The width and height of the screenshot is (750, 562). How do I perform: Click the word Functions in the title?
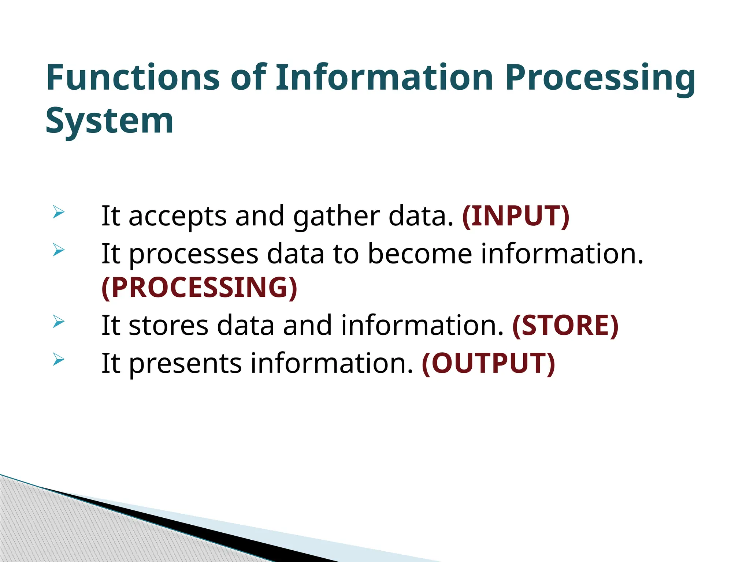[x=133, y=78]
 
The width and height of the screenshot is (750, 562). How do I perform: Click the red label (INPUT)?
[x=516, y=216]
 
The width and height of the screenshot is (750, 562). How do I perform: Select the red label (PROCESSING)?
[x=199, y=288]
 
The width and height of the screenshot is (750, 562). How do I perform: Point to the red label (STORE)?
[x=565, y=325]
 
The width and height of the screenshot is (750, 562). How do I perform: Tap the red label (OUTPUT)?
[x=488, y=363]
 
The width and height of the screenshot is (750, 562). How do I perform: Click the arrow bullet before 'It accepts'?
[x=59, y=212]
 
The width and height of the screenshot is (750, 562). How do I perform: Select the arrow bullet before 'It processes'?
[x=59, y=250]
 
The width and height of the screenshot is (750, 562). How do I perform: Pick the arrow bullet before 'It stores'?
[x=59, y=322]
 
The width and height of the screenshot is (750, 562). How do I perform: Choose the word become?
[x=420, y=254]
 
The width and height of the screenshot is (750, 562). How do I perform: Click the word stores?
[x=168, y=325]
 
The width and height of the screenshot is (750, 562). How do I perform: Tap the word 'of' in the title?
[x=248, y=78]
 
